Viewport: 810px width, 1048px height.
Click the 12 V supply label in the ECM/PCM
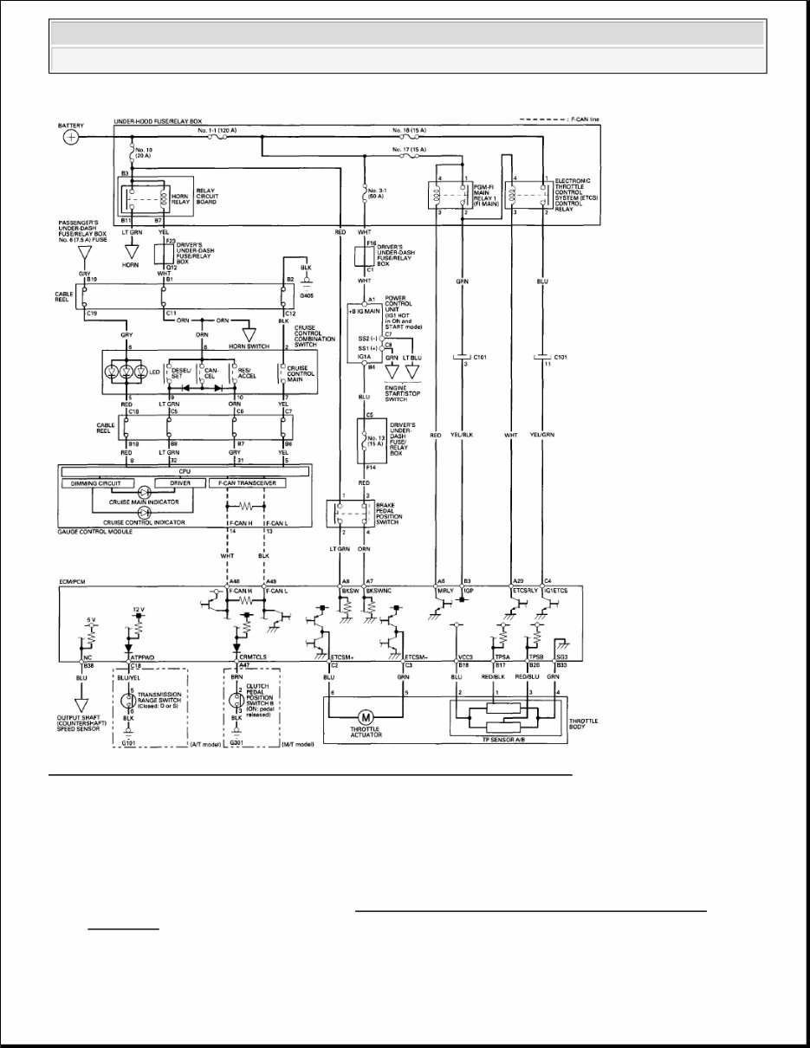point(138,610)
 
